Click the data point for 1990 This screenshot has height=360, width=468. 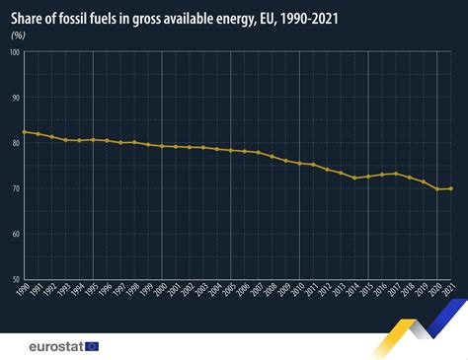[24, 131]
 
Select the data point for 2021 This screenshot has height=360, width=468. [452, 188]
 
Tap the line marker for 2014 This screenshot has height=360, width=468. [355, 178]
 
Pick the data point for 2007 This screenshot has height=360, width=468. [259, 152]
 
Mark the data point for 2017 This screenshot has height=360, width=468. [397, 174]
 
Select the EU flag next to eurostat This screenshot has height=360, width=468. [92, 345]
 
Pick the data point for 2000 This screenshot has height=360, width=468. [162, 146]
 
